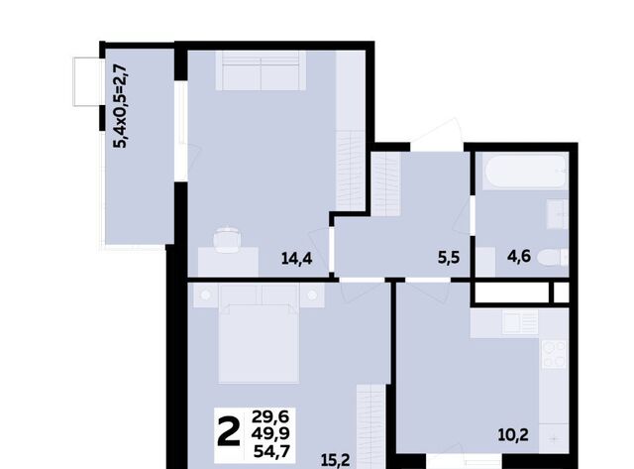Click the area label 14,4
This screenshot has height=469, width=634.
click(297, 258)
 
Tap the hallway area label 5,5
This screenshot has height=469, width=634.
click(449, 258)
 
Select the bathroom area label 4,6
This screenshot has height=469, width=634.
click(519, 257)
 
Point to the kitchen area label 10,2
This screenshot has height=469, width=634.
click(513, 435)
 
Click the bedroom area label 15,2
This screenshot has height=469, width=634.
click(335, 460)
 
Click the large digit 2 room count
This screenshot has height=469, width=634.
click(229, 432)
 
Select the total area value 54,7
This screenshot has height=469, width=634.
click(271, 451)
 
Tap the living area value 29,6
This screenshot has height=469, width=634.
click(270, 416)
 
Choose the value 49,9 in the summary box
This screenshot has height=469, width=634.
click(270, 433)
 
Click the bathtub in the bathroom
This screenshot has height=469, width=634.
click(525, 172)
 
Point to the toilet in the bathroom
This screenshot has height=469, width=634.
click(553, 258)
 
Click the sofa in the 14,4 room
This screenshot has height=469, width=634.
click(261, 70)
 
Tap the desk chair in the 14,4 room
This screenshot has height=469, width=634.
click(227, 240)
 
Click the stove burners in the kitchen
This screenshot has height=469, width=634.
click(554, 355)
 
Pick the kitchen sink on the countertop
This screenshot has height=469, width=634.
click(520, 322)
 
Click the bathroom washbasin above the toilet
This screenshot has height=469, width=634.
click(558, 214)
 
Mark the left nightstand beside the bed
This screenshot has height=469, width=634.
click(206, 295)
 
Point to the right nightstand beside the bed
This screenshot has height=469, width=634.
click(312, 295)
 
